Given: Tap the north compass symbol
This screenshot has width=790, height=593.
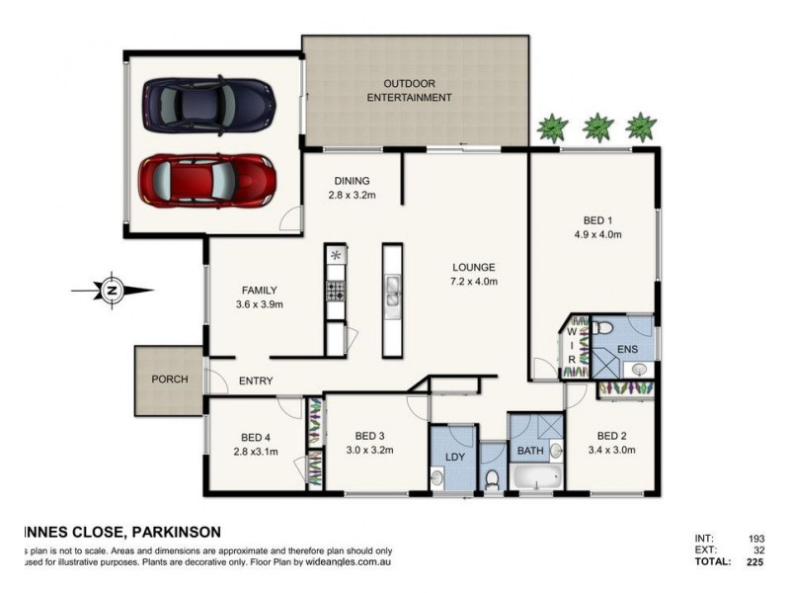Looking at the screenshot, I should [112, 291].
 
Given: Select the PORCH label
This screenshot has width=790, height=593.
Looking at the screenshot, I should [169, 380].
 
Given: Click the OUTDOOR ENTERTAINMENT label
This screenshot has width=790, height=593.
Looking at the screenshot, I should [409, 90].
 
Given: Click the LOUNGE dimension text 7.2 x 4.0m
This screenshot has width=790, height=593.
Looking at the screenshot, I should [474, 282].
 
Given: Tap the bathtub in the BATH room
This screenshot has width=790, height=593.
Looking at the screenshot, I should [536, 477].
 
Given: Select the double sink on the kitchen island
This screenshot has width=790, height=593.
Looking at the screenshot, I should [393, 290].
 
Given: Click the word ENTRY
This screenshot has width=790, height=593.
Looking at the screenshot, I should [256, 381].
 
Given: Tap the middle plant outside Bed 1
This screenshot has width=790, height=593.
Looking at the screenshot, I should [596, 127].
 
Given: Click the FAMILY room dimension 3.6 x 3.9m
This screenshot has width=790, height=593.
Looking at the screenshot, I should [259, 304].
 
